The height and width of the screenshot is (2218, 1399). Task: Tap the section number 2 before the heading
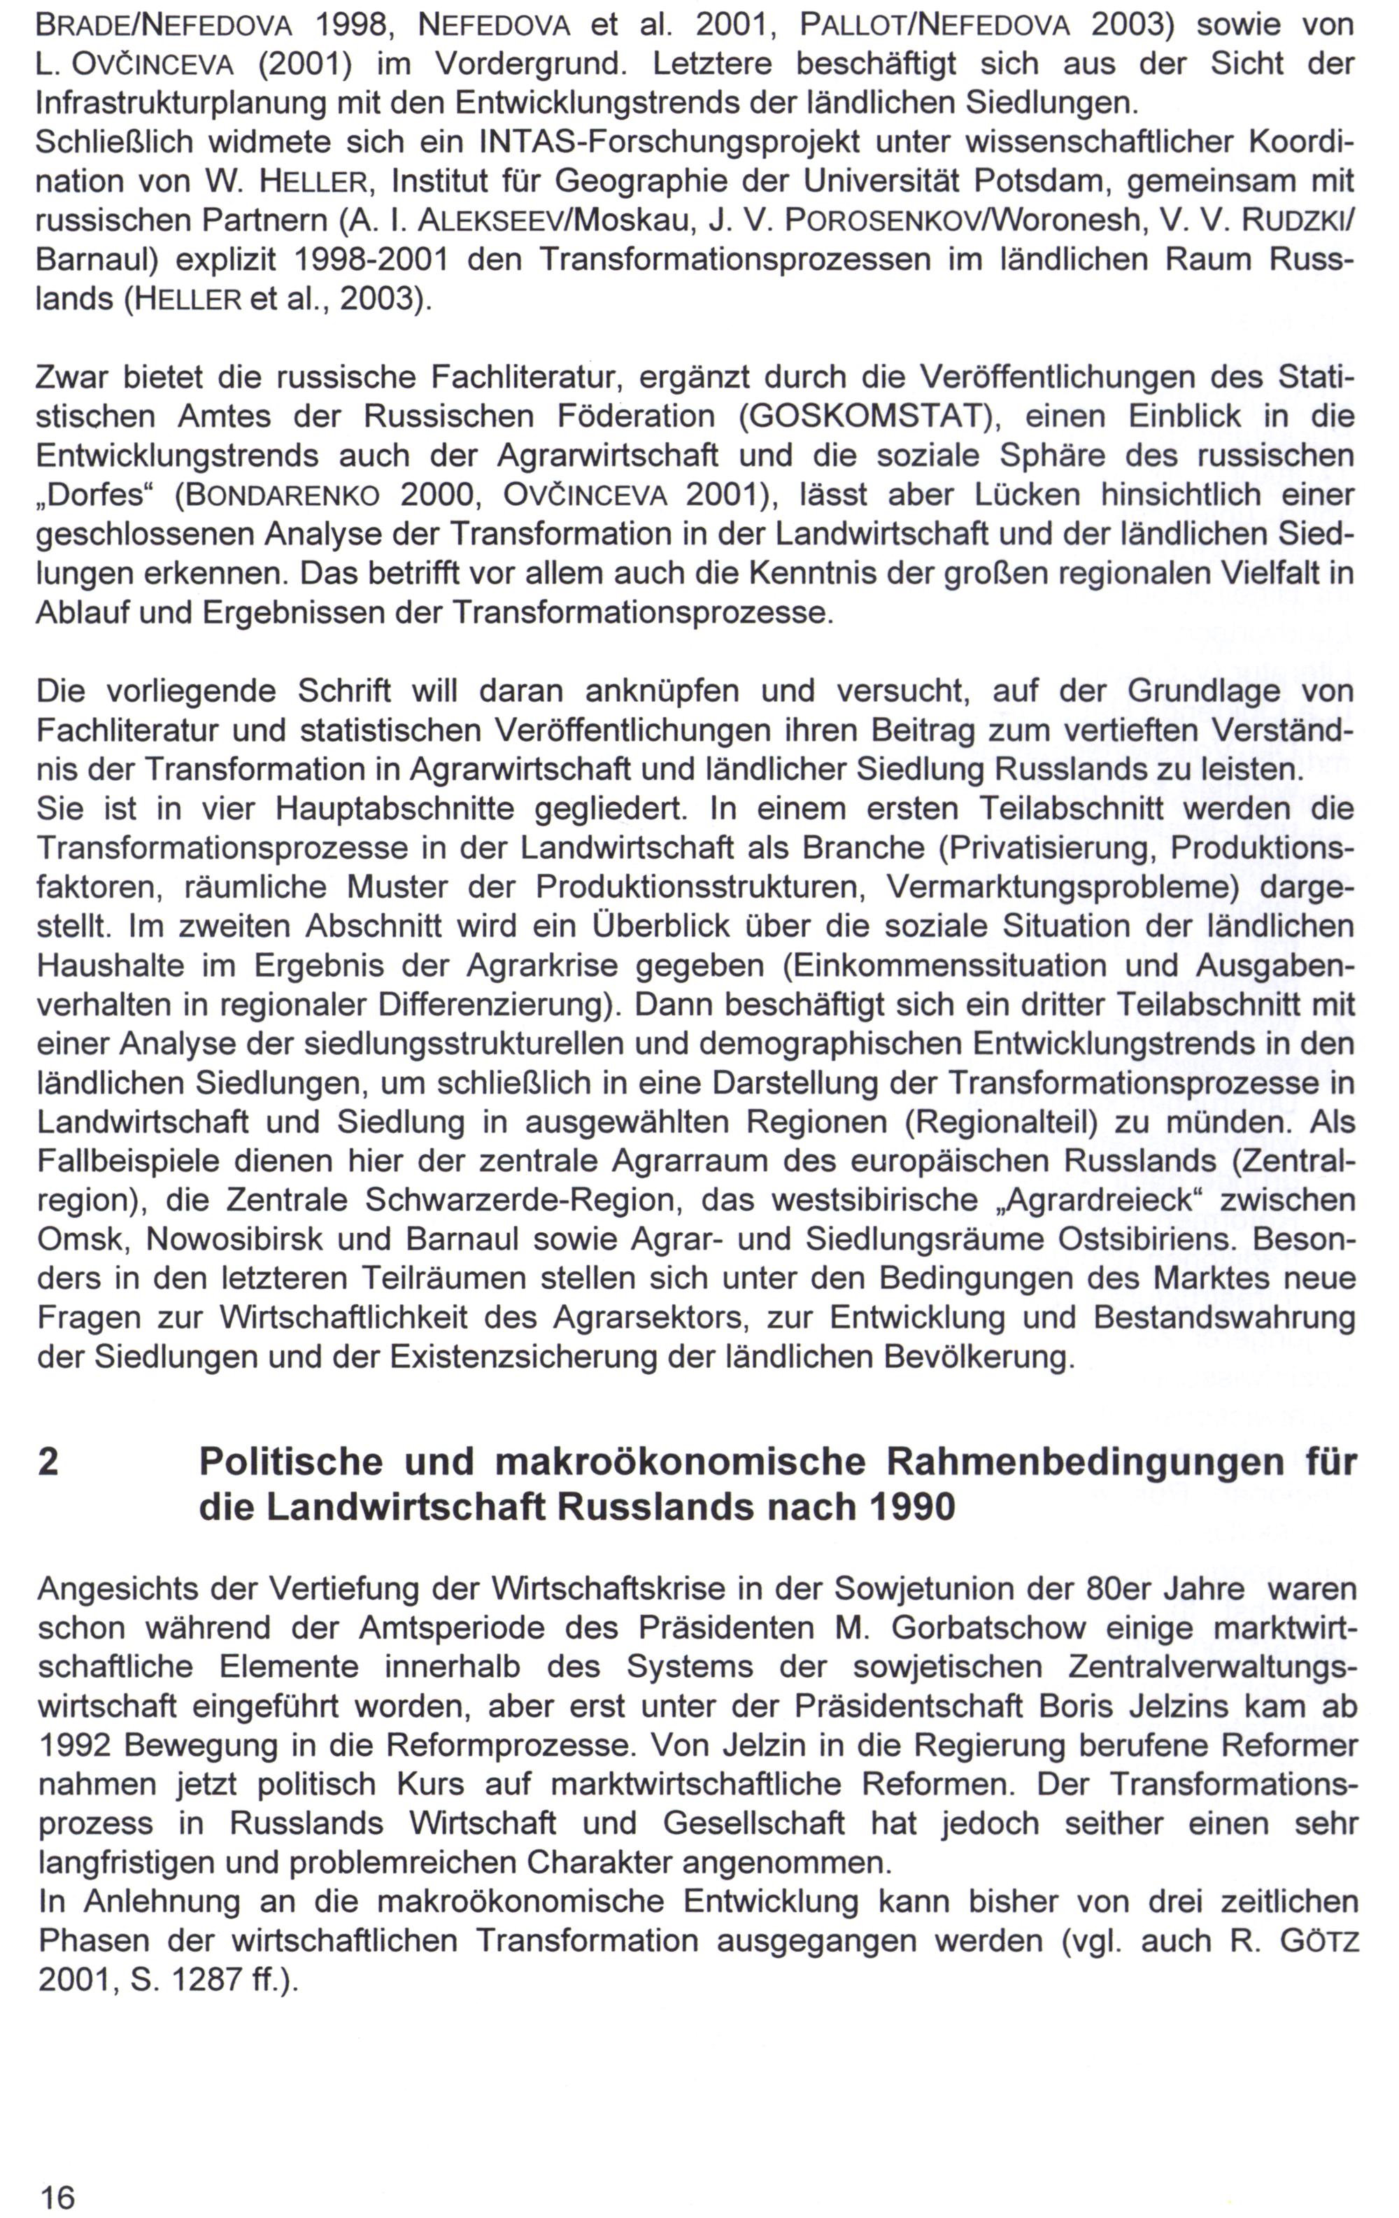(49, 1461)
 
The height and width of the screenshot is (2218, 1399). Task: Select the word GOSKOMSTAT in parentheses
(862, 417)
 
